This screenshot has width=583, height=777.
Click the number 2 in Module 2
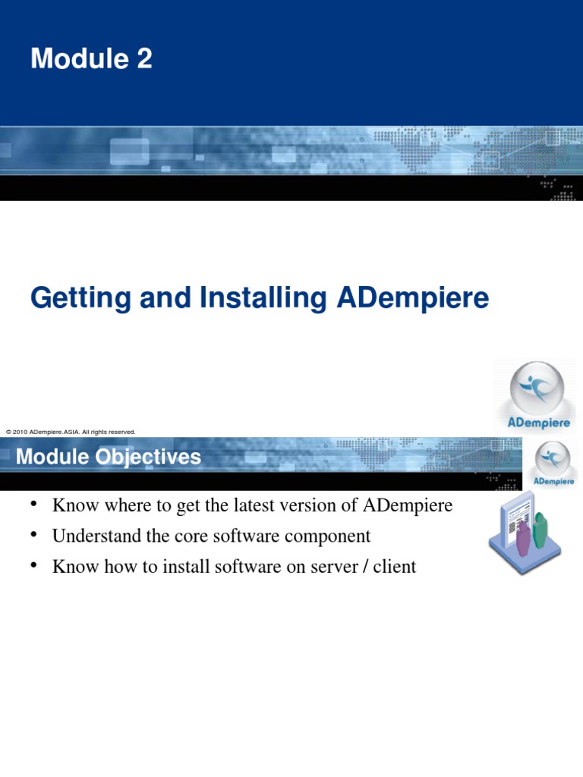coord(144,58)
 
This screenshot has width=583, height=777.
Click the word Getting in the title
coord(74,298)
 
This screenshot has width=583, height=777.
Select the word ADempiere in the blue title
coord(412,298)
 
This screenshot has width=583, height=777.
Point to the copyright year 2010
coord(20,432)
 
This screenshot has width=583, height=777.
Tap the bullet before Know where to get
coord(34,505)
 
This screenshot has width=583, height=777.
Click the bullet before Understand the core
coord(34,536)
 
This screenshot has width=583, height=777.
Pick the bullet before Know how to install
coord(34,566)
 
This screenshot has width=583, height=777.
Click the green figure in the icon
coord(540,530)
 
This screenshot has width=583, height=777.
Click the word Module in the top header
coord(79,58)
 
